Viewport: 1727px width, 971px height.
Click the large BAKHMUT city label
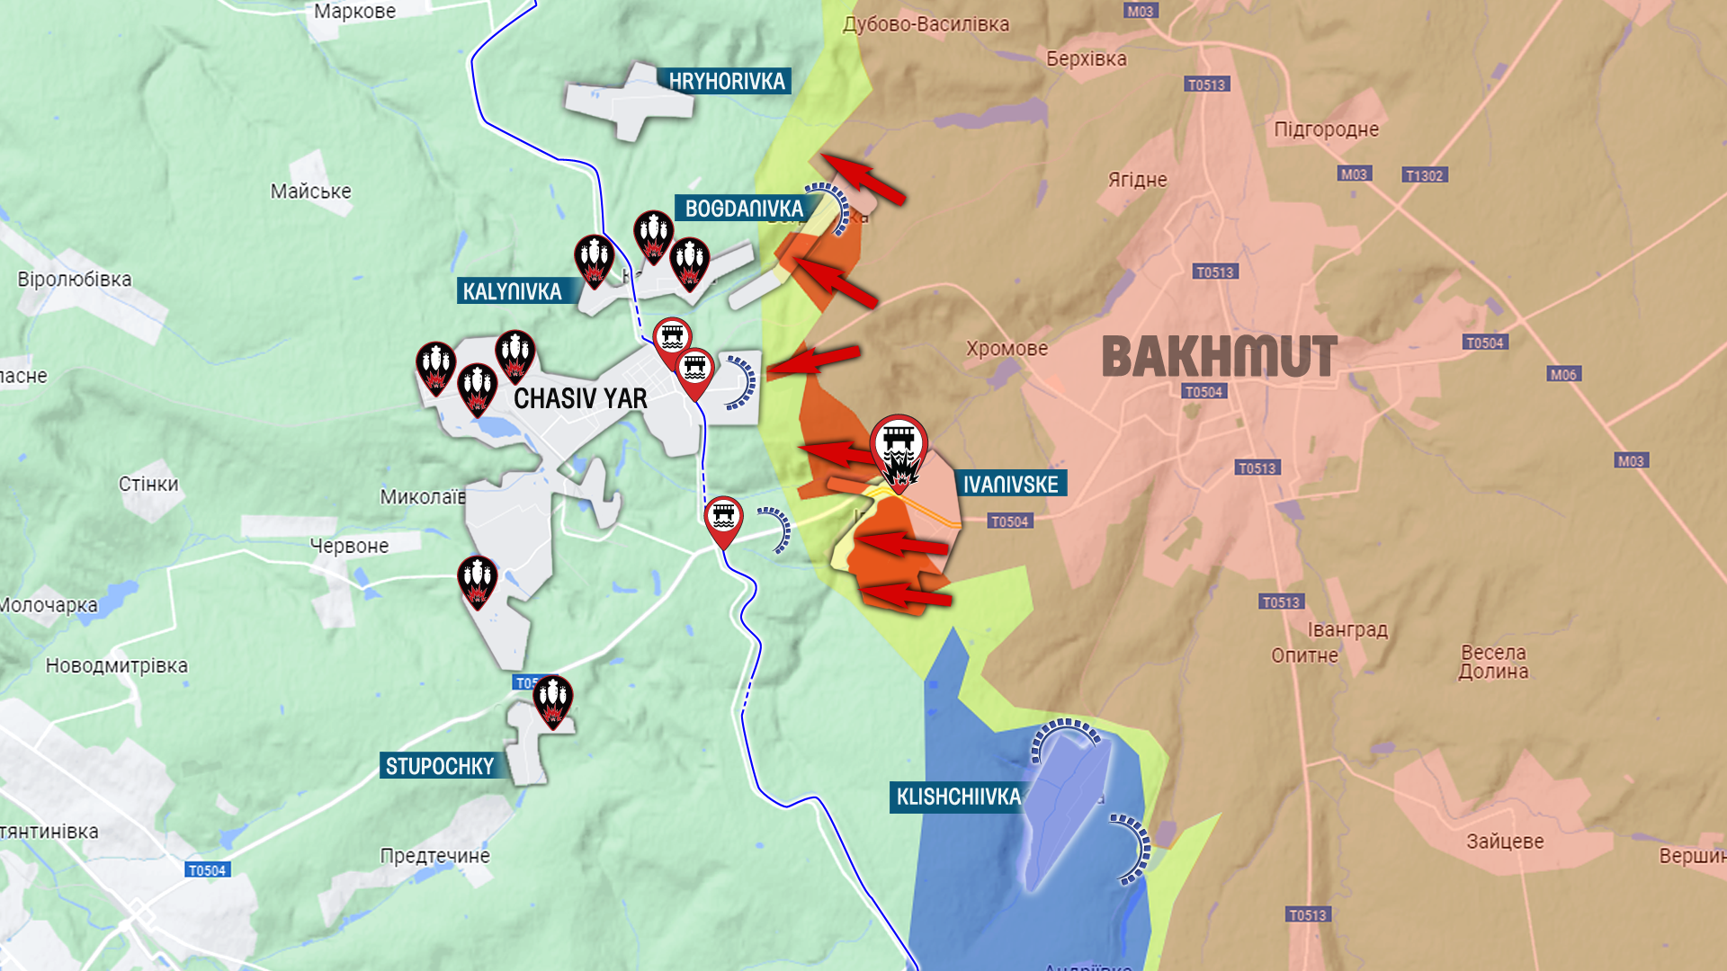coord(1219,356)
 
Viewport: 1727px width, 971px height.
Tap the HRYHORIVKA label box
coord(725,81)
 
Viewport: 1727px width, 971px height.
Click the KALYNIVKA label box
coord(511,291)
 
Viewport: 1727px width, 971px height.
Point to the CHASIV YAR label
coord(580,398)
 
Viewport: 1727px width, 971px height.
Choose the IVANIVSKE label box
coord(1010,485)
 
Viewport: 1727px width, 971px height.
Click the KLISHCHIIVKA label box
coord(958,797)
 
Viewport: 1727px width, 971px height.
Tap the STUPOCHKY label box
coord(439,766)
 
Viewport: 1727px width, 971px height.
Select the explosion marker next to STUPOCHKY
coord(552,700)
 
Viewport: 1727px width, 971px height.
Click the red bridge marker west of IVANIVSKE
coord(723,521)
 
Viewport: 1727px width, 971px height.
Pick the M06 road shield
coord(1563,374)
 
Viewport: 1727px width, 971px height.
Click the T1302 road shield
coord(1424,175)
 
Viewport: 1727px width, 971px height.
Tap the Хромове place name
coord(1007,349)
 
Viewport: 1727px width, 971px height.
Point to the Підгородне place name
coord(1326,129)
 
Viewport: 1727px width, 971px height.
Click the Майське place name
coord(310,192)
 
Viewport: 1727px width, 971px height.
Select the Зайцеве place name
coord(1505,842)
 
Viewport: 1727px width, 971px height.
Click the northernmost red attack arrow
coord(863,178)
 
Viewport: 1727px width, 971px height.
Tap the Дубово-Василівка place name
coord(926,24)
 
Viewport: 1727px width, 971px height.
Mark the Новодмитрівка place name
coord(117,666)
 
